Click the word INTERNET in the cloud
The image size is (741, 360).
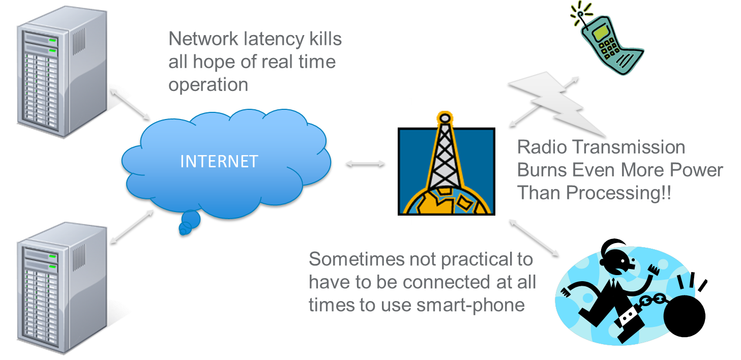219,162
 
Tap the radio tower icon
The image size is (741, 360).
446,170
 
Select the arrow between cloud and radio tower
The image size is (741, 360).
365,164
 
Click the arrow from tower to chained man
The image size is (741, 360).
533,237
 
